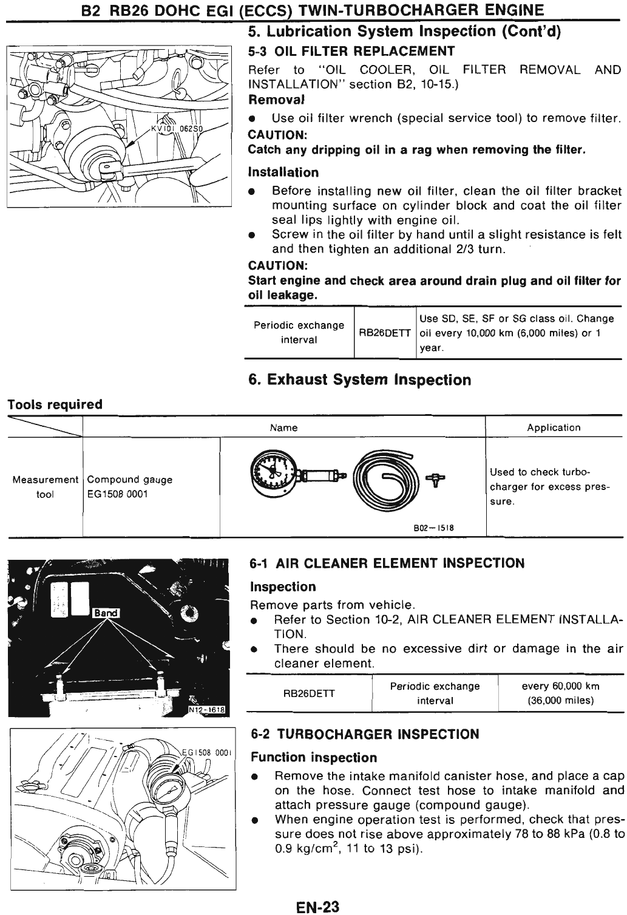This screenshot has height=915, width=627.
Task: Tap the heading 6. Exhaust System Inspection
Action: pyautogui.click(x=359, y=380)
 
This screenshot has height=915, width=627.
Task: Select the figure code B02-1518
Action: pyautogui.click(x=433, y=528)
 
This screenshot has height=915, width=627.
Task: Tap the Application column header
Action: pyautogui.click(x=554, y=427)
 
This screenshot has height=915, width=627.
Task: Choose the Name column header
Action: pyautogui.click(x=283, y=427)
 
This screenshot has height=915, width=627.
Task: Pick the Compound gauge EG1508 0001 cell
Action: pyautogui.click(x=129, y=487)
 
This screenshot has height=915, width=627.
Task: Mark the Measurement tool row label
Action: pyautogui.click(x=45, y=487)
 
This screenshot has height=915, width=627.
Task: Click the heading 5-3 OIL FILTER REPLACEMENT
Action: pyautogui.click(x=351, y=50)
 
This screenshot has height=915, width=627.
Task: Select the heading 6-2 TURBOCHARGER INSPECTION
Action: pyautogui.click(x=365, y=735)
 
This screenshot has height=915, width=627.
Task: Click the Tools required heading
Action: pyautogui.click(x=55, y=404)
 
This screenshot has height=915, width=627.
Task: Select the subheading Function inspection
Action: pyautogui.click(x=314, y=758)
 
